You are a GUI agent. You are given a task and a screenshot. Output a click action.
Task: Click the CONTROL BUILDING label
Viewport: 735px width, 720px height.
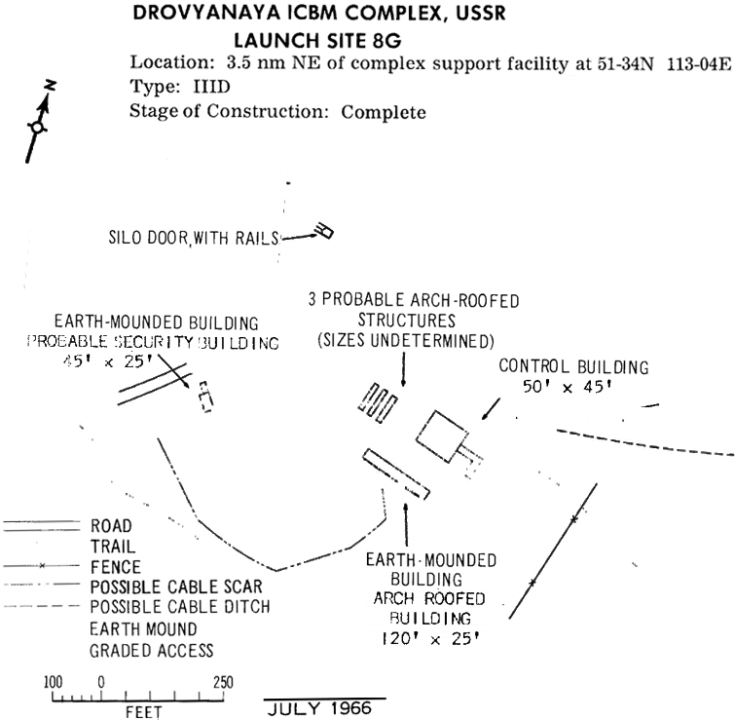(x=572, y=366)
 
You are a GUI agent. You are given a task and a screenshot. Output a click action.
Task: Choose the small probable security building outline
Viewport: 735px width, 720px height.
(x=204, y=397)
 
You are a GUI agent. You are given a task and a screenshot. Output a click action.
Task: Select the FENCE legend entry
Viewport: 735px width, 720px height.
(x=115, y=566)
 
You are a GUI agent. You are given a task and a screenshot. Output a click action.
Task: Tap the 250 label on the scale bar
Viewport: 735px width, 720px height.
(x=223, y=682)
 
